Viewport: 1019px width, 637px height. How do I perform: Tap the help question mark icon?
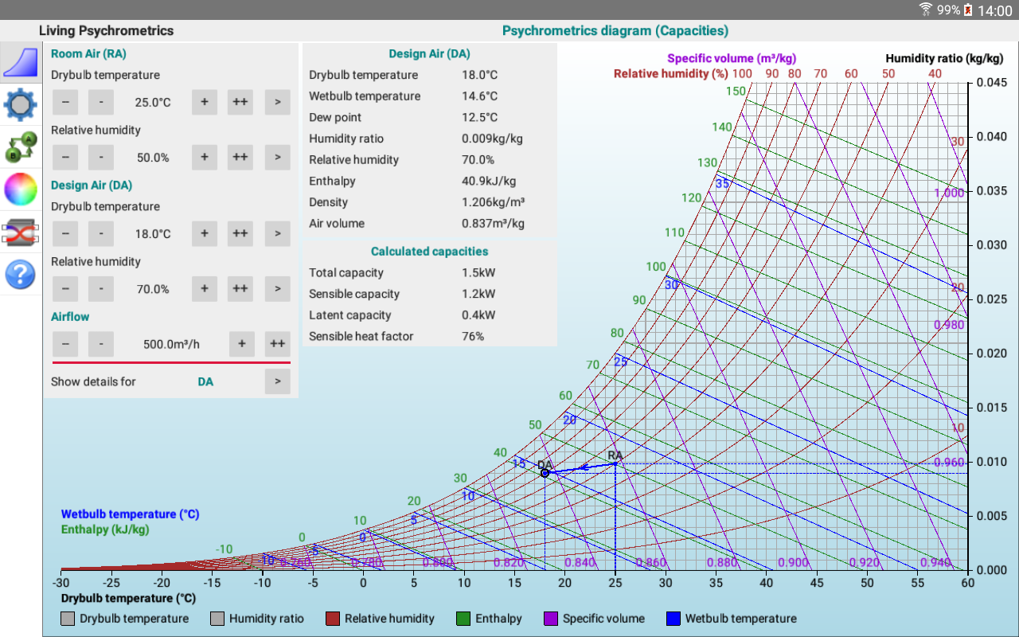21,275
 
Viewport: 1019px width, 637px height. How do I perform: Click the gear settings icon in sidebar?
21,104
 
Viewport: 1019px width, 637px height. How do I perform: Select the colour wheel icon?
21,190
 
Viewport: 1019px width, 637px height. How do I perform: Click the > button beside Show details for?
277,381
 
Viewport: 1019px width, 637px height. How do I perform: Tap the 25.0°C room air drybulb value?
153,103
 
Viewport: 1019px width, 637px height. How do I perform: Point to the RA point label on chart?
615,455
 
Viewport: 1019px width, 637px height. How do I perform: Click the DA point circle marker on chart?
545,473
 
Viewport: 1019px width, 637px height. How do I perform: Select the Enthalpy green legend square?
463,619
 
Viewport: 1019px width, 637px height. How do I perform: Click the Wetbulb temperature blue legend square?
673,619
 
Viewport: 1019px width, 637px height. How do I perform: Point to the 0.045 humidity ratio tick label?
992,83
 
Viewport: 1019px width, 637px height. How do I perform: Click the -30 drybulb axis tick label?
61,584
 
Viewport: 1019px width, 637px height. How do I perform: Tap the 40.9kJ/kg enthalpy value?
489,181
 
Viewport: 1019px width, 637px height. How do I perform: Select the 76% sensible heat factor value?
473,336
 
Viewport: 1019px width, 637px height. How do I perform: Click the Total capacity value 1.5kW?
478,272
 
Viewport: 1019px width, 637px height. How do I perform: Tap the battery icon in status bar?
968,10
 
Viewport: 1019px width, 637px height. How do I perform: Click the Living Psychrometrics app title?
106,31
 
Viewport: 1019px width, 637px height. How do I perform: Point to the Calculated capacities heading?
429,251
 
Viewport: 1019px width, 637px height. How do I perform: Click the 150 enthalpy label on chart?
736,91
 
